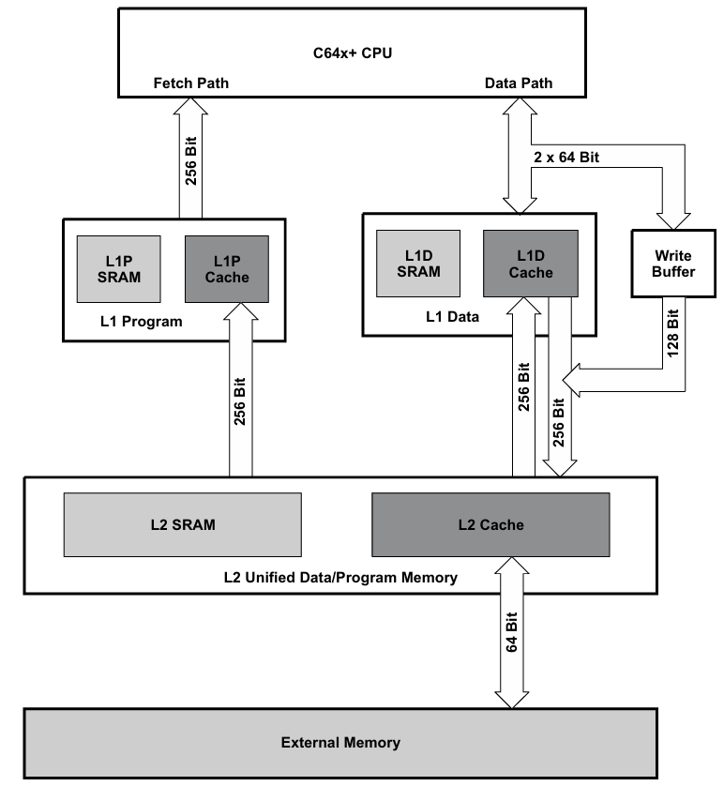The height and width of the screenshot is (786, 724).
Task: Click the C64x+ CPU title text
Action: tap(351, 53)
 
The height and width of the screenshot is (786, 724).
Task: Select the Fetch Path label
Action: tap(190, 83)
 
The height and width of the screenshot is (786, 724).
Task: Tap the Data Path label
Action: tap(518, 83)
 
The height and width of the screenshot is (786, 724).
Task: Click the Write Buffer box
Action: tap(672, 263)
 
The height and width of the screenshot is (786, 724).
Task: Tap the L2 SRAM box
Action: tap(183, 524)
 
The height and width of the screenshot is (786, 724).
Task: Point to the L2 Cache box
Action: tap(491, 524)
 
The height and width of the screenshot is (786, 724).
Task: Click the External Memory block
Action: tap(340, 743)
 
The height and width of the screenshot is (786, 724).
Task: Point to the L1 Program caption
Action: tap(140, 322)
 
